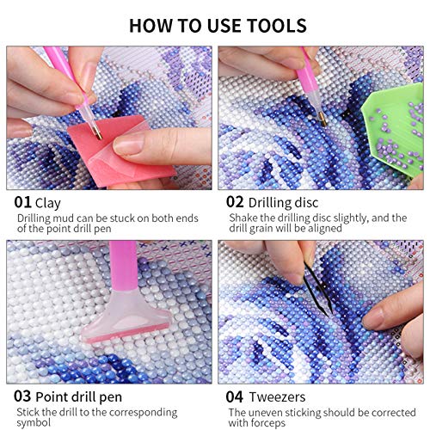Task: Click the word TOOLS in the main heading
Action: pos(277,26)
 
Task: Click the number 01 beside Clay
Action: pos(22,202)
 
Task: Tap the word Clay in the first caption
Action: pos(48,204)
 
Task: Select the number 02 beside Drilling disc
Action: pos(235,202)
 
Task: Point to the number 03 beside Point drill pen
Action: pos(22,396)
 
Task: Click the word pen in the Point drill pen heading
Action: pos(111,398)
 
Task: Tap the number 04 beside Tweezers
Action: pos(234,397)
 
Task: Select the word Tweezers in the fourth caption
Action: pos(277,397)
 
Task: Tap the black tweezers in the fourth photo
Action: pos(318,290)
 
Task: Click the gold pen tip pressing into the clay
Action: pos(98,134)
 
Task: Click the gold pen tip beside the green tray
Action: pos(322,120)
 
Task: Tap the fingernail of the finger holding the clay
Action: pos(128,144)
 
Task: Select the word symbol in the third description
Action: pos(34,422)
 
